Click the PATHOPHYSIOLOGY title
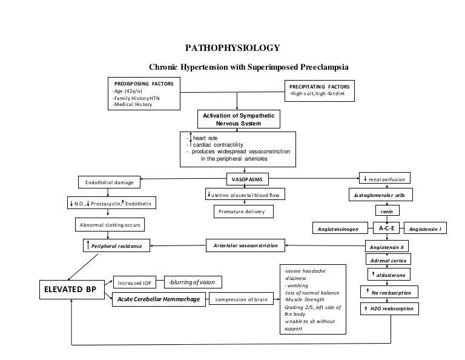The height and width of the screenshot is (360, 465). pos(232,48)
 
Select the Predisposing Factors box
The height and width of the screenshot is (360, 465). pos(145,94)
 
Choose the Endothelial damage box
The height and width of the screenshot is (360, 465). pos(109,182)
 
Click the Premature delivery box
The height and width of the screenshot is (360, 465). pos(242,212)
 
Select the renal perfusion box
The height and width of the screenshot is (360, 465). pos(386,179)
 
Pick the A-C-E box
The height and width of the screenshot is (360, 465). pos(386,228)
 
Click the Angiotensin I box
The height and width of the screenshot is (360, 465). pos(429,230)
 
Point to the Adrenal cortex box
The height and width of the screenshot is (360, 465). pos(387,259)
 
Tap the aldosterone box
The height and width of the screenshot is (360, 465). pos(387,275)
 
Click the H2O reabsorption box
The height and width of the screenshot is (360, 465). pos(387,308)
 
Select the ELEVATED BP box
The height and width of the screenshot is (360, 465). pos(71,290)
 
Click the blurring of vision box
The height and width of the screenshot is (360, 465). pos(191,282)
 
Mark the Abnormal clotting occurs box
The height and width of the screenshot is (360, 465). pos(109,225)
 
